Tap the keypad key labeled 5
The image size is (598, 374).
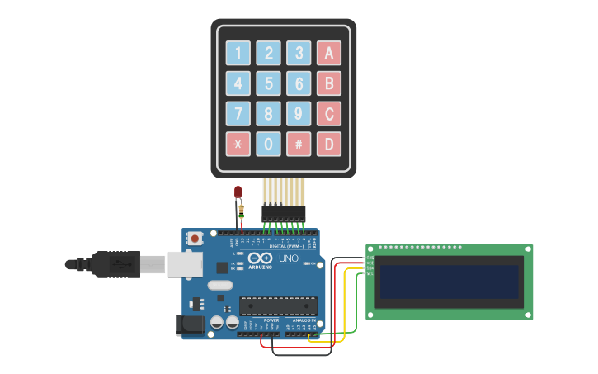coord(268,83)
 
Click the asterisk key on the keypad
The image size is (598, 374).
coord(238,144)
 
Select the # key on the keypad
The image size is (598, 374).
coord(299,144)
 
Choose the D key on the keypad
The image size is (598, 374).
coord(328,144)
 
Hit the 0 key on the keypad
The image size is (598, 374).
coord(268,144)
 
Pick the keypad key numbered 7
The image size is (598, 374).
coord(238,113)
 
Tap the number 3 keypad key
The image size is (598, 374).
coord(299,54)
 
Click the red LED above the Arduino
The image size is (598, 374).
coord(238,192)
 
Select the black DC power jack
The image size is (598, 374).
coord(192,325)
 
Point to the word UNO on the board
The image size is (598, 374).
coord(289,258)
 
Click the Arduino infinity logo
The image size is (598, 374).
coord(260,258)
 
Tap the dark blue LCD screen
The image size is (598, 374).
coord(450,282)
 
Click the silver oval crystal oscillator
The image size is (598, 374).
coord(220,286)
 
